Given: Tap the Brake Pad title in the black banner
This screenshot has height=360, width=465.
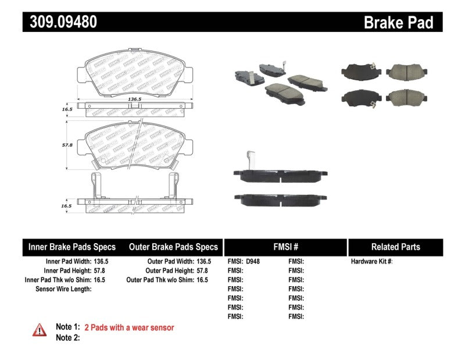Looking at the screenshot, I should point(398,22).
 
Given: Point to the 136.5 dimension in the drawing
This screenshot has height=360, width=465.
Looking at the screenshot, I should point(135,99).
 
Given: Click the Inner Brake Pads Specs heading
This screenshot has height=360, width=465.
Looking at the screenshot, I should point(72,247).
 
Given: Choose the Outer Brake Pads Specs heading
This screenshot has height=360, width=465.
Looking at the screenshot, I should point(173,247).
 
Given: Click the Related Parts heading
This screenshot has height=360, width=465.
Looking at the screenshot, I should point(395,247).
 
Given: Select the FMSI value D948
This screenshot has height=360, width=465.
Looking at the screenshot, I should point(253,262).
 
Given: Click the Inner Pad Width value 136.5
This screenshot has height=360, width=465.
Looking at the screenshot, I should point(99,262).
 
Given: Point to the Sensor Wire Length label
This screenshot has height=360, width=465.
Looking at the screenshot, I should point(63,289).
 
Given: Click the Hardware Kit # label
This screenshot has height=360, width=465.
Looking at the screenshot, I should point(371,262).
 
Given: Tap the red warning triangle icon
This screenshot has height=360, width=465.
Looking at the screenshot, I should point(39,330).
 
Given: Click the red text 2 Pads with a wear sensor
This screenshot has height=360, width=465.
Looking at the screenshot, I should point(129,328).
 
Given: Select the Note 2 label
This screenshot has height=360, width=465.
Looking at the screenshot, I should point(67,337).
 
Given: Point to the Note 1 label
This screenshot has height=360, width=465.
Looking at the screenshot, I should point(67,328).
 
